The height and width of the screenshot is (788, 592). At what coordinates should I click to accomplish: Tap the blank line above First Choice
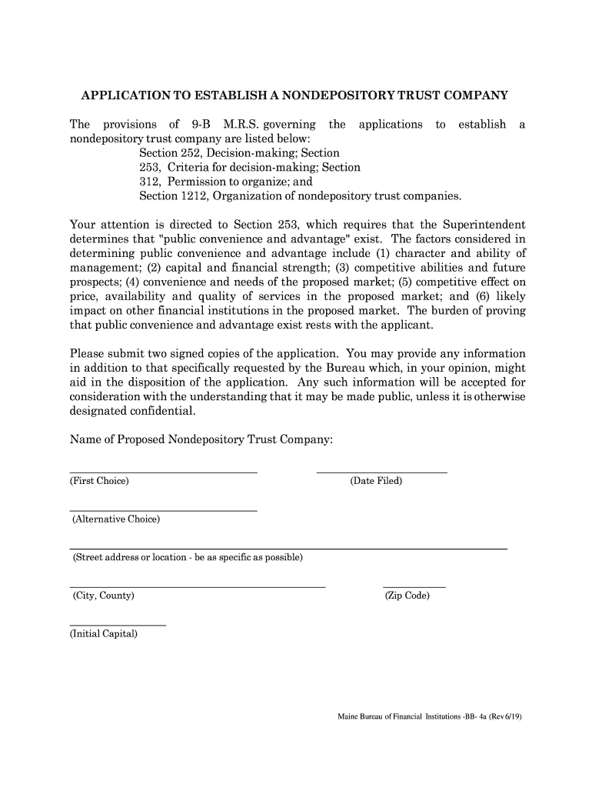click(163, 471)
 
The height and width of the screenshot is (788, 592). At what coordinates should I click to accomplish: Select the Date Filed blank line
click(381, 471)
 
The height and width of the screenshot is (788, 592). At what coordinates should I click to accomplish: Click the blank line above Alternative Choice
click(163, 509)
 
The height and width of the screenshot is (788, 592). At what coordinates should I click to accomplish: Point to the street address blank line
click(288, 548)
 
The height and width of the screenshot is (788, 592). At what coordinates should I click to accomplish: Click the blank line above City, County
click(198, 586)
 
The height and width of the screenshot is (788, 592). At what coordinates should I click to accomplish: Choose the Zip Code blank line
click(414, 586)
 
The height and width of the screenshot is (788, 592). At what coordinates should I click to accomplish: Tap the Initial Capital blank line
click(118, 625)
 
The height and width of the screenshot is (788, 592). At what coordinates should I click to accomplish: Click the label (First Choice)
click(99, 481)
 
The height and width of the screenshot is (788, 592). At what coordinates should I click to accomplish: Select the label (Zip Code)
click(407, 596)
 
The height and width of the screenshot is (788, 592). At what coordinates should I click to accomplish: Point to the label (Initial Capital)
click(104, 635)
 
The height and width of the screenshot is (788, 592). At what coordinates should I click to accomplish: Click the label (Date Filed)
click(376, 481)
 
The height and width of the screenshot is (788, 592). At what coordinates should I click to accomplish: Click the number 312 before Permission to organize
click(150, 182)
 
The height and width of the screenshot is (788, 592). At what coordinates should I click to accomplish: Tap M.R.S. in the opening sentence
click(242, 125)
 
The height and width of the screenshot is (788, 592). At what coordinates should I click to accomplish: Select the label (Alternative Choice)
click(116, 519)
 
